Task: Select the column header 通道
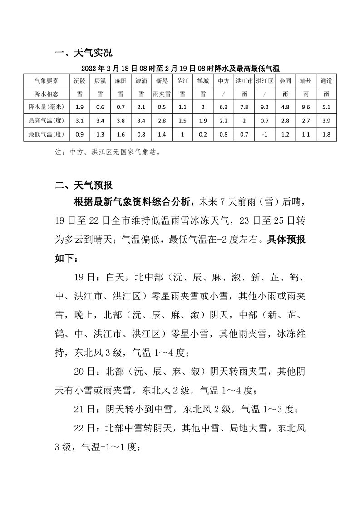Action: click(326, 81)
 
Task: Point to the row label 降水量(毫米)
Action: click(48, 107)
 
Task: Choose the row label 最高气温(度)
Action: click(48, 120)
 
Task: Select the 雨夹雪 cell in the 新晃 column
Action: click(162, 94)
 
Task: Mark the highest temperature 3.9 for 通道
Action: click(326, 120)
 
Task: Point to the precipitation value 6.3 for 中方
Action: click(223, 107)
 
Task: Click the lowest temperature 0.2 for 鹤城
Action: click(202, 134)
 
